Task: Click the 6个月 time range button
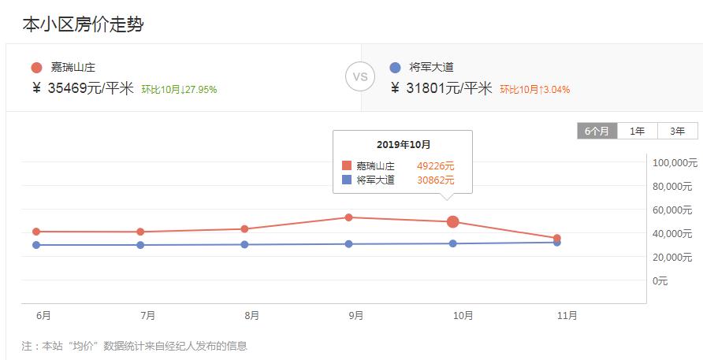tap(597, 132)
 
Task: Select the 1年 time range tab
tap(637, 132)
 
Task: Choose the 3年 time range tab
tap(677, 132)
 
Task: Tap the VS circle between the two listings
tap(360, 77)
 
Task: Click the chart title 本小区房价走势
tap(83, 24)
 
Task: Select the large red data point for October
tap(453, 222)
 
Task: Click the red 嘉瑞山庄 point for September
tap(348, 217)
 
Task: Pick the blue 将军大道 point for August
tap(244, 244)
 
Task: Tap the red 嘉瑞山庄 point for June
tap(36, 232)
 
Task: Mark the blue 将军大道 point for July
tap(140, 245)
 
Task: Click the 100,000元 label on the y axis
tap(675, 163)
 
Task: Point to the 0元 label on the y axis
tap(660, 280)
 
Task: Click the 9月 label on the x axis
tap(356, 316)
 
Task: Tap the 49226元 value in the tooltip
tap(436, 166)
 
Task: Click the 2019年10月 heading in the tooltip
tap(404, 144)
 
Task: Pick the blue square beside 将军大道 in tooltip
tap(346, 180)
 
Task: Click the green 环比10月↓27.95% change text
tap(179, 90)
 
